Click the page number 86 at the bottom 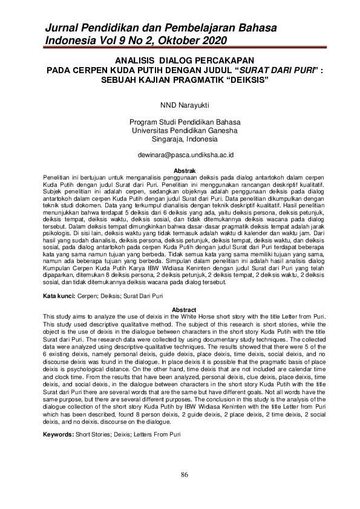click(185, 473)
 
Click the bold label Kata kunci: click(59, 296)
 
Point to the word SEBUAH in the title click(119, 79)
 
